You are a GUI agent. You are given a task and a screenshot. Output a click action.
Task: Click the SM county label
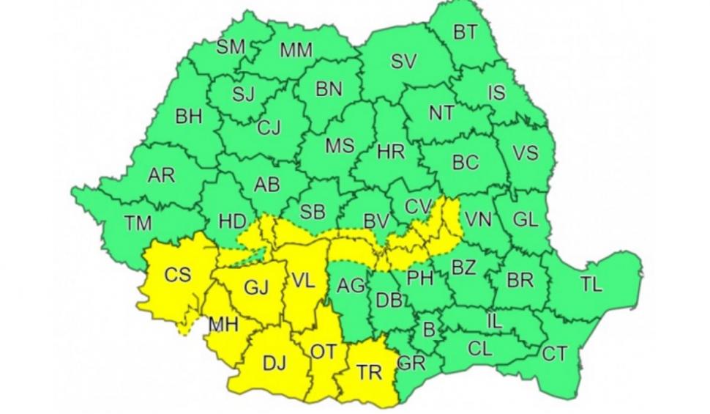click(x=231, y=48)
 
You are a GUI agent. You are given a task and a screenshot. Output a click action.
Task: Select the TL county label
click(x=591, y=284)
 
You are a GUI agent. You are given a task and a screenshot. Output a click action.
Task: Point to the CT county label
click(x=554, y=354)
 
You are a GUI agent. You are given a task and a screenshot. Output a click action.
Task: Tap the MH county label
click(x=223, y=324)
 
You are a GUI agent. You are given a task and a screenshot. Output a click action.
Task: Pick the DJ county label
click(x=274, y=363)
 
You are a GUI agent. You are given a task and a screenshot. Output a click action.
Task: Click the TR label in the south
click(x=370, y=372)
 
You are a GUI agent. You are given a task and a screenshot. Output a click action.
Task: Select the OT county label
click(x=323, y=352)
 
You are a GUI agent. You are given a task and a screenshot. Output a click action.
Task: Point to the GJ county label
click(x=256, y=288)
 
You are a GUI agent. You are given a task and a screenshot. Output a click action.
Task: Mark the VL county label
click(x=304, y=280)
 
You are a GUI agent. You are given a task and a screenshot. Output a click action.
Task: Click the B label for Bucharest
click(x=429, y=330)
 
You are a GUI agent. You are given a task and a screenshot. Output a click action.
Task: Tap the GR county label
click(x=411, y=361)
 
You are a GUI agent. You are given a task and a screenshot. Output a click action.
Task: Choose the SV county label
click(x=403, y=62)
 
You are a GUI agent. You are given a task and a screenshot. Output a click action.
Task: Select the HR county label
click(x=391, y=152)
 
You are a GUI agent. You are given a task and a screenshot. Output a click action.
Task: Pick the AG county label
click(x=351, y=286)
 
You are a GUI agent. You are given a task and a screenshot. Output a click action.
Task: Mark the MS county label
click(x=340, y=145)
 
